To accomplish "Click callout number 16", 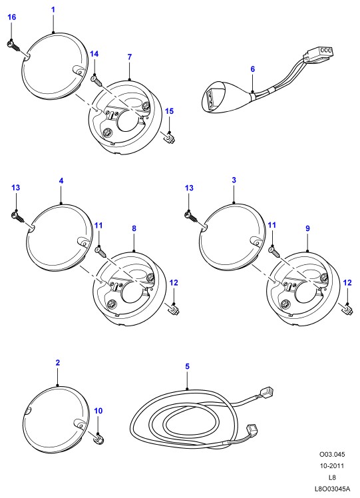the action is point(12,17).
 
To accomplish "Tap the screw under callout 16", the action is point(13,46).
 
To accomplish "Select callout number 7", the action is point(130,57).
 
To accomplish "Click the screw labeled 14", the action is point(96,80).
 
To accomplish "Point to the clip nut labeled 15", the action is point(170,138).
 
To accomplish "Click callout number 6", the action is point(253,69).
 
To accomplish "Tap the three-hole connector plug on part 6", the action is point(318,54).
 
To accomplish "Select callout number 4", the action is point(61,181).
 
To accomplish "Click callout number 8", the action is point(134,228).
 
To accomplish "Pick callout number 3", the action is point(234,180).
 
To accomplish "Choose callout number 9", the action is point(307,228).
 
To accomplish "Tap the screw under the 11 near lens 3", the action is point(274,252).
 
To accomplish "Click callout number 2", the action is point(57,363).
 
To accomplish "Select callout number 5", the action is point(187,366).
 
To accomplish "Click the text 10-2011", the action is point(332,466).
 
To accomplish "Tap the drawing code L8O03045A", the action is point(332,489).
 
